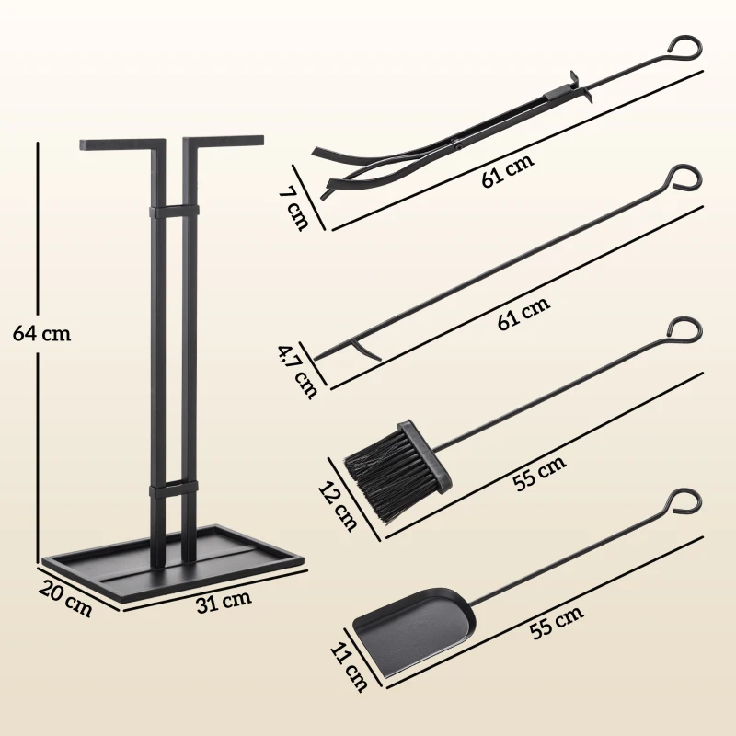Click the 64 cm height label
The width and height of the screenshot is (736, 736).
coord(42,333)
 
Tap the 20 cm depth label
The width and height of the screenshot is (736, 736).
coord(65,599)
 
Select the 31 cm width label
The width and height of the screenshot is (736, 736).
coord(224,603)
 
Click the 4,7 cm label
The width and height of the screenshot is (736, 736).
coord(298,370)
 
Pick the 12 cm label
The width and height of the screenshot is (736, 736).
coord(339,505)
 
